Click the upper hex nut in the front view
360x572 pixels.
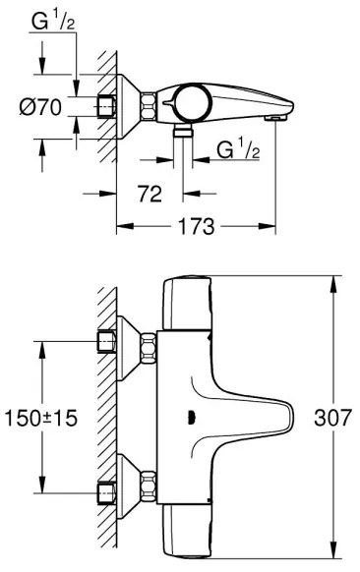pos(149,346)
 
